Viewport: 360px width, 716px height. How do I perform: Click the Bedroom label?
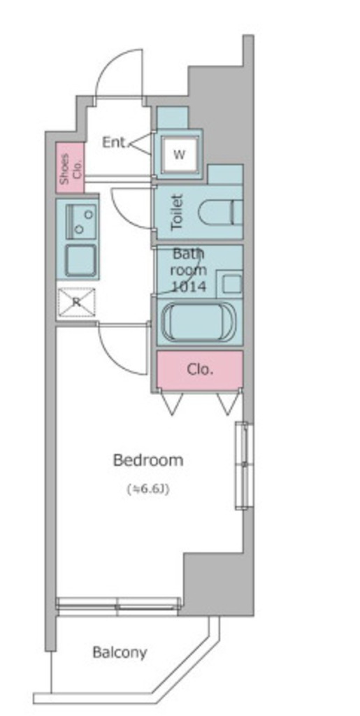(x=147, y=460)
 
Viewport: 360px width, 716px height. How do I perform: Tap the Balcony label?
(x=120, y=652)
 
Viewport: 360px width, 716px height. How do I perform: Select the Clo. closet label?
(x=200, y=369)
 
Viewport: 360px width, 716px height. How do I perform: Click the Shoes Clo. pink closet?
(x=71, y=168)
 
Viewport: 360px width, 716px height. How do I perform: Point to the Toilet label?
(x=177, y=213)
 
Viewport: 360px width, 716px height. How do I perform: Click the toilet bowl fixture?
(x=220, y=213)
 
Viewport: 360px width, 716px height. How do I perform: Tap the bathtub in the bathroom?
(x=199, y=321)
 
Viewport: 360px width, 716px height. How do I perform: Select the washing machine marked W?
(x=180, y=155)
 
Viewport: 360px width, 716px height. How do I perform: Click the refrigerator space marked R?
(x=77, y=302)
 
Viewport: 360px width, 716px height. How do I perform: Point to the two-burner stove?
(x=81, y=222)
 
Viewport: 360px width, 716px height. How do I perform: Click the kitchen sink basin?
(x=80, y=260)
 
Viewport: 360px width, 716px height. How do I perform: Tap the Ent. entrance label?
(x=114, y=143)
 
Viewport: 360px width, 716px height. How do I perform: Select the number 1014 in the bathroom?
(x=189, y=286)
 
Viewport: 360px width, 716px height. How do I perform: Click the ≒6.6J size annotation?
(x=147, y=489)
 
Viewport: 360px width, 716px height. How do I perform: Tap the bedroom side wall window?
(x=244, y=465)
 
